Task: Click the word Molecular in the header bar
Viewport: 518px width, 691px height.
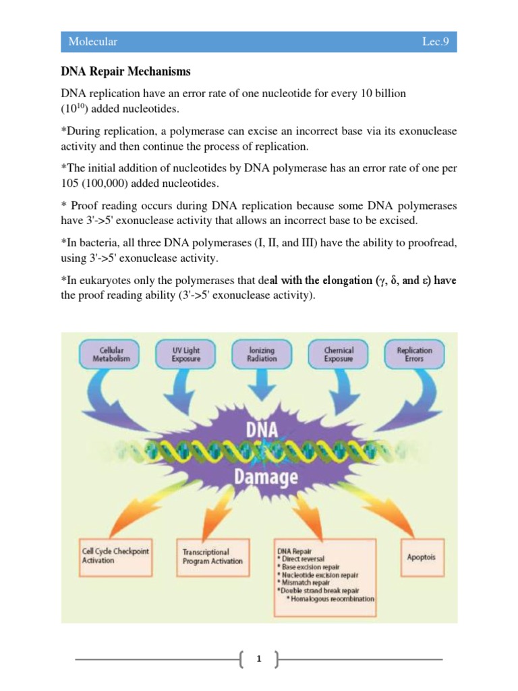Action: pyautogui.click(x=92, y=42)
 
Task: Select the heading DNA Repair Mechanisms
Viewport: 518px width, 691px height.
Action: pyautogui.click(x=125, y=71)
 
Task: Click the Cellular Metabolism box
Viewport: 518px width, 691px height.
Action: pyautogui.click(x=111, y=355)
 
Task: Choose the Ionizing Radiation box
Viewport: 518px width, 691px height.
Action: pyautogui.click(x=261, y=355)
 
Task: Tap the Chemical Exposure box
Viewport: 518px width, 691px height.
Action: pyautogui.click(x=339, y=355)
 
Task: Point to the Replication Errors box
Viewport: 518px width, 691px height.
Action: pyautogui.click(x=415, y=355)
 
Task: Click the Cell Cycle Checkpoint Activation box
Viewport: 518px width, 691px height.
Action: pyautogui.click(x=115, y=555)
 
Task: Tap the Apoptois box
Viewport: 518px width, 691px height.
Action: pyautogui.click(x=421, y=557)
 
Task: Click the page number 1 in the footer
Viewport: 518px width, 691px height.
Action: pyautogui.click(x=258, y=659)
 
